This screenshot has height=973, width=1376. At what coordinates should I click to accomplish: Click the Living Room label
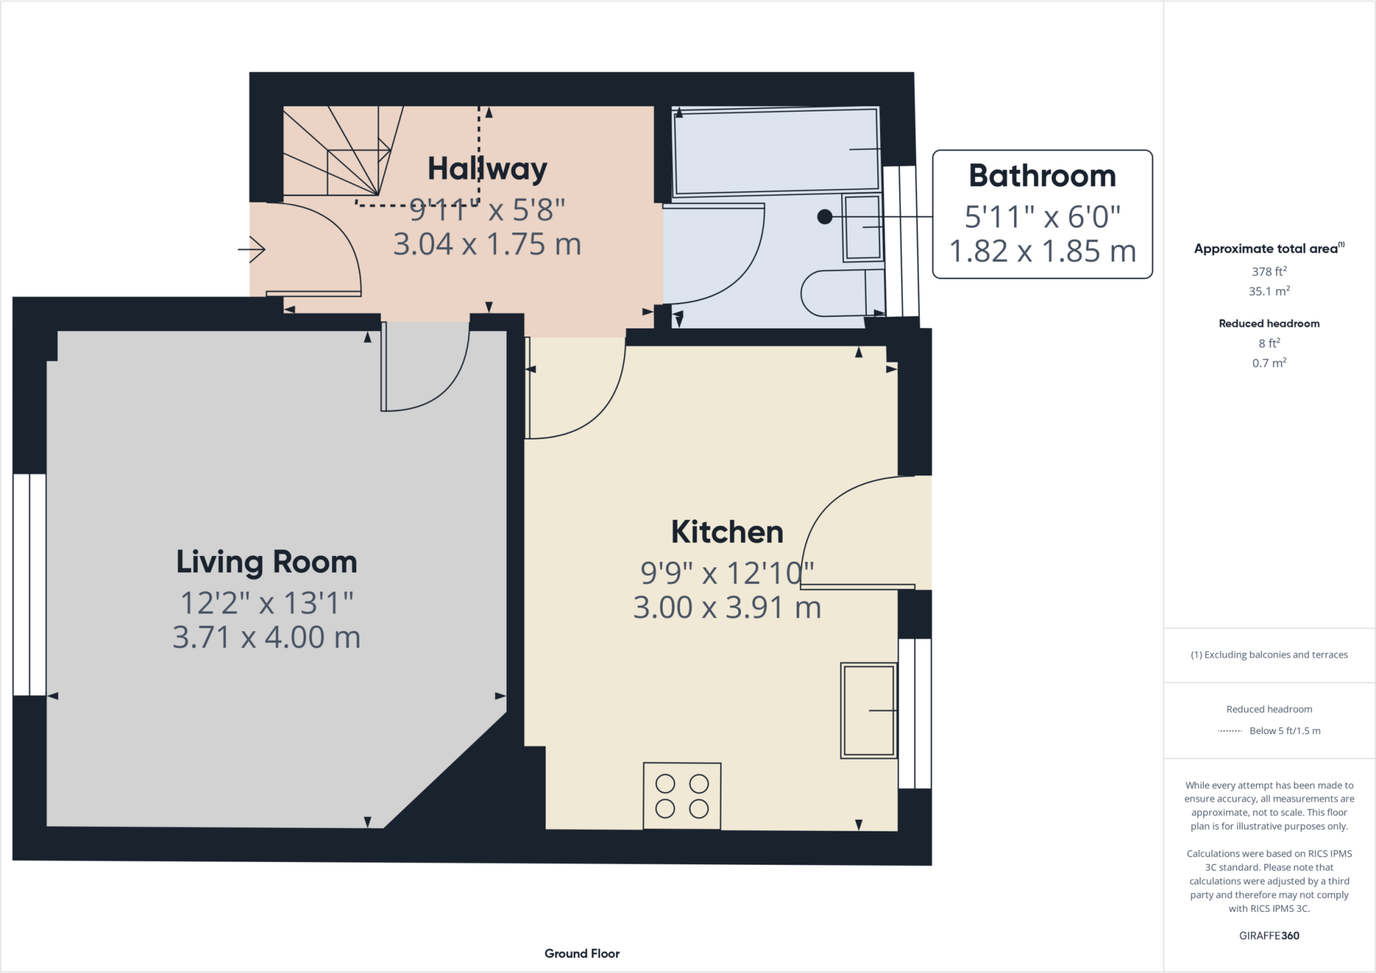pos(267,562)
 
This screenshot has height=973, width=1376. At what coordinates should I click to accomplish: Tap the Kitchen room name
pos(727,532)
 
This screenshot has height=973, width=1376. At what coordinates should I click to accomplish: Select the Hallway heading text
pos(487,169)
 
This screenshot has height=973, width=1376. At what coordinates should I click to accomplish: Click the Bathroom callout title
pos(1042,176)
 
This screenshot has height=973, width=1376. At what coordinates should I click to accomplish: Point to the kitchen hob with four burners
pos(682,796)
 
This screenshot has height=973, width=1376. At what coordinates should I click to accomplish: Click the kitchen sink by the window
pos(868,710)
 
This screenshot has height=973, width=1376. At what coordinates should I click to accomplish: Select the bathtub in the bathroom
pos(776,150)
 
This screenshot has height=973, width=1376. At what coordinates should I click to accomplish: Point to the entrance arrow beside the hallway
pos(252,249)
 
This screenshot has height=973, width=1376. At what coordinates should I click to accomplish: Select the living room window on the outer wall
pos(30,584)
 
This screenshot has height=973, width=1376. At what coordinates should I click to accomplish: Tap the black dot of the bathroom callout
pos(824,217)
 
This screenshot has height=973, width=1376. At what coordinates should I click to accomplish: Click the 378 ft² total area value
pos(1268,271)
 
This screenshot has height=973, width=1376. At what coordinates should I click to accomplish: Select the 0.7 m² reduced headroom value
pos(1268,363)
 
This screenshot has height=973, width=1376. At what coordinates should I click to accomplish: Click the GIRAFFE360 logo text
pos(1268,935)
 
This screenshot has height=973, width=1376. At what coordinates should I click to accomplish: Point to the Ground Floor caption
pos(582,954)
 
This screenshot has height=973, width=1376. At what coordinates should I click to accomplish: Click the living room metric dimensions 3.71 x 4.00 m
pos(267,637)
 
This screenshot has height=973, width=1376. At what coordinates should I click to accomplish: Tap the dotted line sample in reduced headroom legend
pos(1230,731)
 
